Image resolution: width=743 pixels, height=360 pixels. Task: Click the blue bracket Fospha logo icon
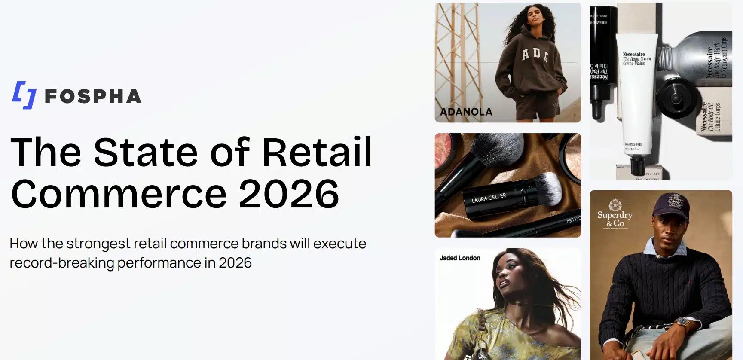click(24, 95)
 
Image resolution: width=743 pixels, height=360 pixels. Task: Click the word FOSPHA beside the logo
click(93, 97)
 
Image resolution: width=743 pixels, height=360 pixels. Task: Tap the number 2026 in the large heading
click(289, 194)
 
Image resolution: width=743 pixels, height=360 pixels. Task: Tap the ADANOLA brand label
click(466, 112)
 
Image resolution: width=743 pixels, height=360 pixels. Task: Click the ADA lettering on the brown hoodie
click(535, 55)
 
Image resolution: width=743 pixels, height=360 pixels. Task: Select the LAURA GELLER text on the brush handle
click(489, 198)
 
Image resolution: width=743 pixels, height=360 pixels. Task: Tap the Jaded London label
click(459, 258)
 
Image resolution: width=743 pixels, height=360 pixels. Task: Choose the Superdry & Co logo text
click(615, 218)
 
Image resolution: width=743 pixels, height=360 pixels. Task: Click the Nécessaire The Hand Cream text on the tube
click(636, 59)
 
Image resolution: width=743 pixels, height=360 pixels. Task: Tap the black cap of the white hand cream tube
click(637, 165)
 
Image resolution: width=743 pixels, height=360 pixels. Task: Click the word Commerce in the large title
click(119, 194)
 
